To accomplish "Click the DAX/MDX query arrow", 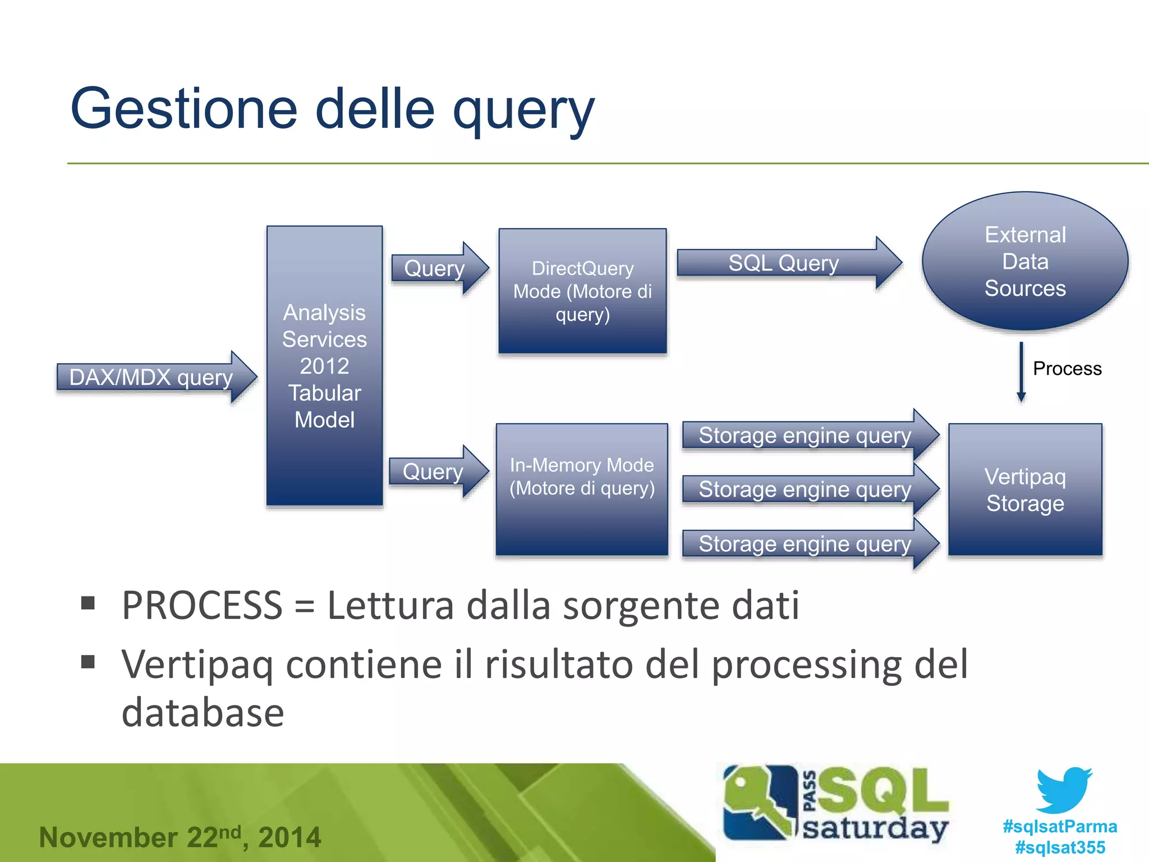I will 151,377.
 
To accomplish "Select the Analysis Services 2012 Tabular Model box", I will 324,366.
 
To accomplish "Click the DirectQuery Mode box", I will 582,291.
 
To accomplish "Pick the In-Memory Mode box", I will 582,488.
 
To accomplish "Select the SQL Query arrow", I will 784,263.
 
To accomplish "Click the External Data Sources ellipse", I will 1025,262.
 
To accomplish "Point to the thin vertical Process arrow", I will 1021,372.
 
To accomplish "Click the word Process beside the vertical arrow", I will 1067,369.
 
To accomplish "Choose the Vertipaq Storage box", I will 1025,489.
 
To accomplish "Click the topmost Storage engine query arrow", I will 806,435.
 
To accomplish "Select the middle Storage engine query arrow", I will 806,489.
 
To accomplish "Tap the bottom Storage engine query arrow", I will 806,544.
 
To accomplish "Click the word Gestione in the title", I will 184,109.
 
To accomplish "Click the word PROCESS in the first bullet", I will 202,606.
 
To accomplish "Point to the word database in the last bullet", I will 203,713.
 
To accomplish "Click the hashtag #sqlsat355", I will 1060,847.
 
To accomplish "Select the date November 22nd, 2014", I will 180,837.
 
